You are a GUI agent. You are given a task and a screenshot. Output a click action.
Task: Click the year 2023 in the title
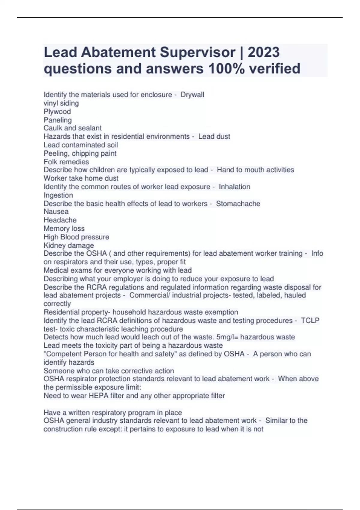coord(264,52)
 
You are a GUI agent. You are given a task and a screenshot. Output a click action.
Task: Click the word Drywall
coord(192,95)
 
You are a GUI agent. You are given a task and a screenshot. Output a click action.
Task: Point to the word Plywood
coord(57,112)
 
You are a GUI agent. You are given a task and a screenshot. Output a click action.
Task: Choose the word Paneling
coord(58,120)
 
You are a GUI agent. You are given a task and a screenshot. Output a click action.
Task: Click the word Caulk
coord(53,128)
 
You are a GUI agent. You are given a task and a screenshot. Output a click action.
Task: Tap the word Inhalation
coord(234,187)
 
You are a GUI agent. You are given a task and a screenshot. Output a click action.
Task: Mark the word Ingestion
coord(58,195)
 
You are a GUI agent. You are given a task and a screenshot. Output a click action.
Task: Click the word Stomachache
coord(238,204)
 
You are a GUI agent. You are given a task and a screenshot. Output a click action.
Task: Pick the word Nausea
coord(56,211)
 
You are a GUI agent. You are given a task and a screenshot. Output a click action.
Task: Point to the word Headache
coord(60,220)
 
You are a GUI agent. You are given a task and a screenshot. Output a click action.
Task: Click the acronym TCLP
coord(310,321)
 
